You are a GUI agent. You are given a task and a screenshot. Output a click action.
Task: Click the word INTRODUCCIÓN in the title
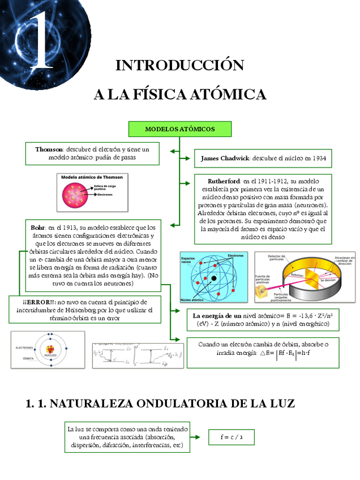pos(179,65)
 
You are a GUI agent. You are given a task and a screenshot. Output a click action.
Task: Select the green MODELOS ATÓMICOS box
pos(180,129)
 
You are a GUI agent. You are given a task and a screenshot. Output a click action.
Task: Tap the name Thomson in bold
pos(49,149)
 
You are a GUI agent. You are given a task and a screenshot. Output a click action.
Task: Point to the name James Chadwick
pos(225,158)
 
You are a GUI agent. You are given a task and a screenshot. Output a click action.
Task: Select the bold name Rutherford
pos(224,181)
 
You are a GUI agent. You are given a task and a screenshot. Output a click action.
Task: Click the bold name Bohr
pos(38,227)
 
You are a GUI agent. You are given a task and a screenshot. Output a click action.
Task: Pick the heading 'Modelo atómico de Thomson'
pos(92,177)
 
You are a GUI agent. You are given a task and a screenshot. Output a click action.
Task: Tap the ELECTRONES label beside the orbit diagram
pos(24,347)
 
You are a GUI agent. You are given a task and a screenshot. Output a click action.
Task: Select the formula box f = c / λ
pos(229,437)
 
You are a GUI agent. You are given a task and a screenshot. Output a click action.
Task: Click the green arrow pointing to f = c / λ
pos(195,437)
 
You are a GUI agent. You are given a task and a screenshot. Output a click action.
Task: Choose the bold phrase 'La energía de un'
pos(217,315)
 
